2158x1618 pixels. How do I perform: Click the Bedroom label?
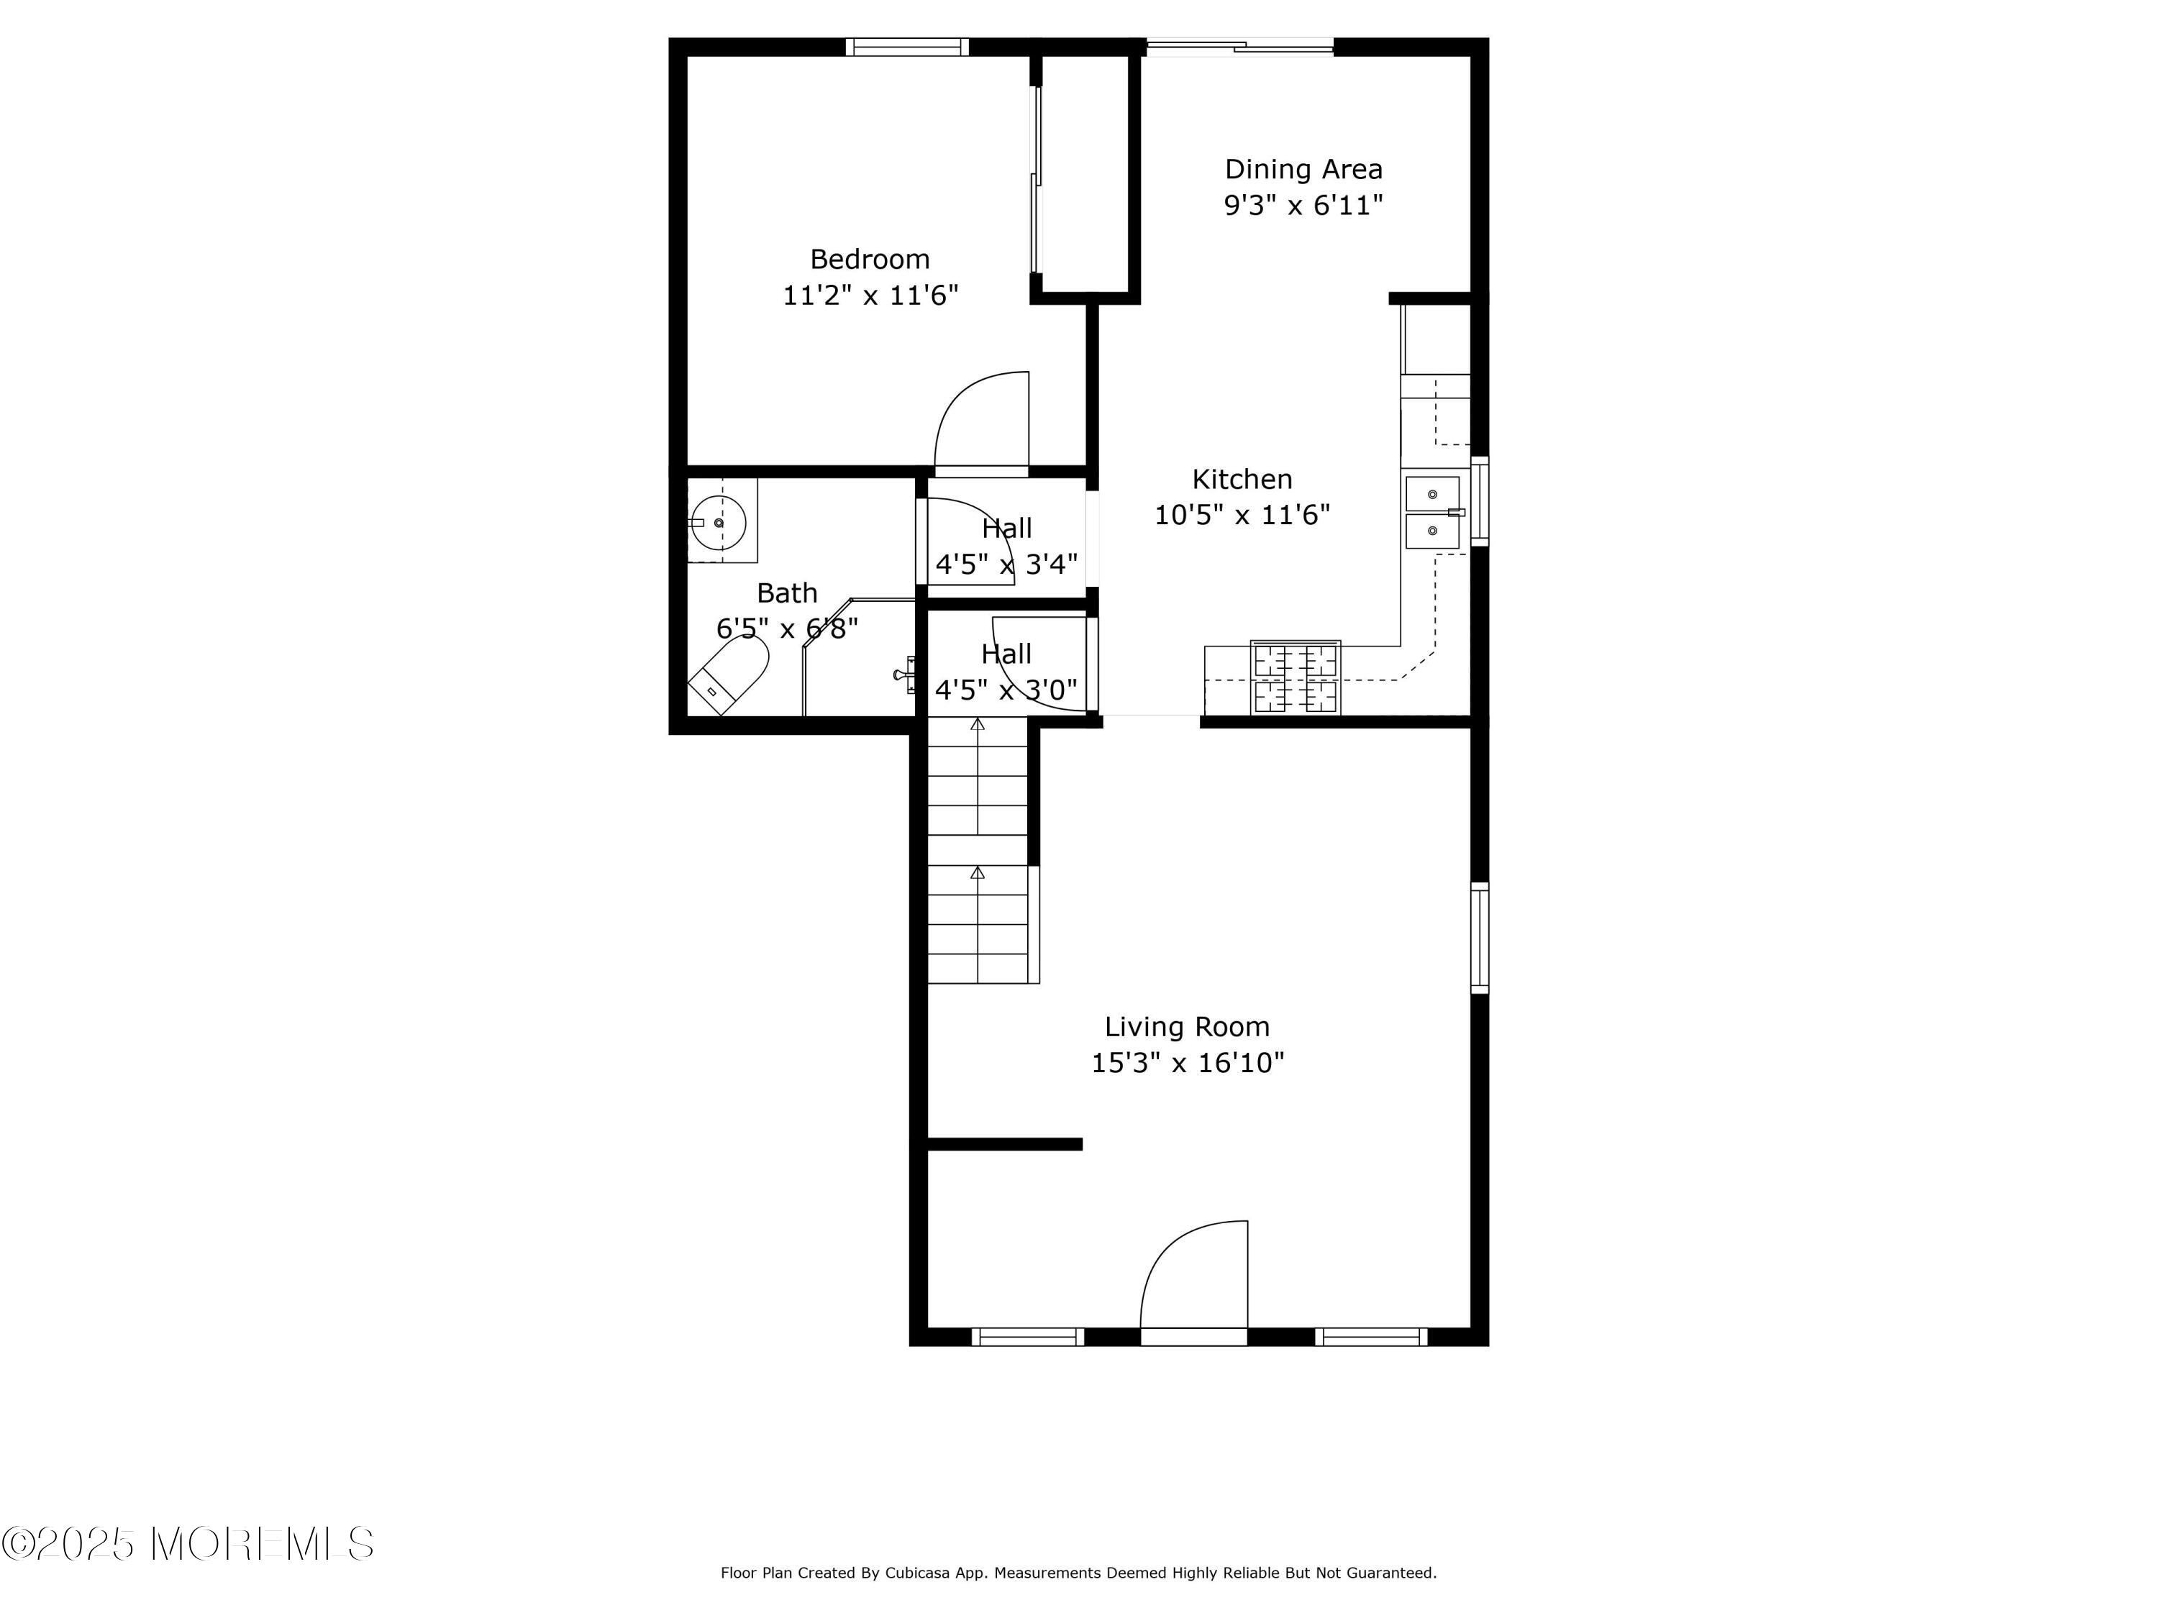[x=869, y=260]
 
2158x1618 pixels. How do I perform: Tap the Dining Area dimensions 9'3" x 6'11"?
[x=1303, y=206]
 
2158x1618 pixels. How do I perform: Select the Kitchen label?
[x=1242, y=479]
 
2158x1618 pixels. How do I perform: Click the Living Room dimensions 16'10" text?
[x=1188, y=1062]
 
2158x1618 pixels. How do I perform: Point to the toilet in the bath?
[x=729, y=675]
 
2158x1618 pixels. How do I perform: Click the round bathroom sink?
[x=719, y=523]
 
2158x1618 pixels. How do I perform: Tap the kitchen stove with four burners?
[x=1296, y=677]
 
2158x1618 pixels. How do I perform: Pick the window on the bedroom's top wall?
[x=907, y=47]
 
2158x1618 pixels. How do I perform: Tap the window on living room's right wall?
[x=1479, y=937]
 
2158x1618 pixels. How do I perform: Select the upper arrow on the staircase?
[x=978, y=725]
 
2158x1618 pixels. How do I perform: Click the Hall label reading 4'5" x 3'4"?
[x=1006, y=546]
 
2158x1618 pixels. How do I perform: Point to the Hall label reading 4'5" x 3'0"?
[x=1006, y=672]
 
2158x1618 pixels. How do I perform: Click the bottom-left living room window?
[x=1027, y=1336]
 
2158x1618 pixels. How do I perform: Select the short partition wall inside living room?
[x=1005, y=1144]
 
